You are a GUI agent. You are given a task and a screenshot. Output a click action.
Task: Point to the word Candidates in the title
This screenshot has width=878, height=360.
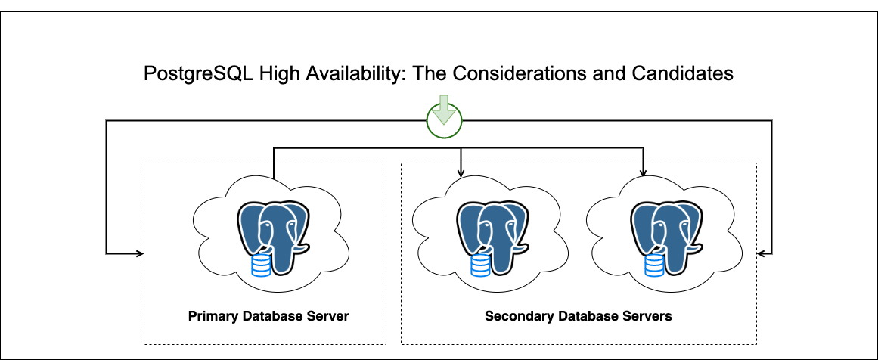(690, 74)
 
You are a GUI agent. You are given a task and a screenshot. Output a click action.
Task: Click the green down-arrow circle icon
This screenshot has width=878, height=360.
(444, 119)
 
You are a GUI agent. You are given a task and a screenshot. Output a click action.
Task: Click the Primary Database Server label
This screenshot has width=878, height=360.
(268, 316)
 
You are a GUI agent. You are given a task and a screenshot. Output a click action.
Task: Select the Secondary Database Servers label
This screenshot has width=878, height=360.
(578, 316)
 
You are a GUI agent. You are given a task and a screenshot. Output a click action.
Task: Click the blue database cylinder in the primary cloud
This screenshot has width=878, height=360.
(261, 265)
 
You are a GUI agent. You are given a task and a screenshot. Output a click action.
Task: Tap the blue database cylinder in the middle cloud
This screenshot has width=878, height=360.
(480, 265)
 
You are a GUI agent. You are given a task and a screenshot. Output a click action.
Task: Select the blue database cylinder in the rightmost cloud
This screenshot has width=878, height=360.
(654, 265)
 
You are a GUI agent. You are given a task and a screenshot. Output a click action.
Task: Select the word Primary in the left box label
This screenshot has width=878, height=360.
(213, 316)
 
